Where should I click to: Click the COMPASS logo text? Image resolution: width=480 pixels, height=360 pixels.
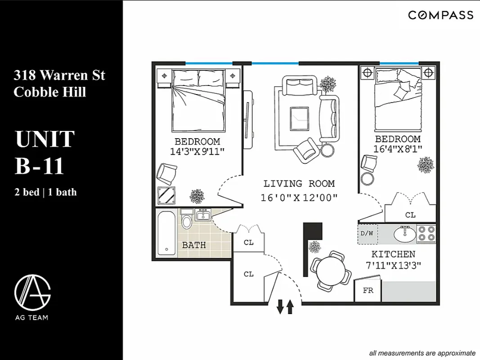(440, 15)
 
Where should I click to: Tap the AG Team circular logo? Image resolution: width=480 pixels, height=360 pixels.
(32, 291)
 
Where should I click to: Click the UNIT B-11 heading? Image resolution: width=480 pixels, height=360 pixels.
(45, 152)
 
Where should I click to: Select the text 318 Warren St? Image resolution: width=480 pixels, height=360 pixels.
(59, 75)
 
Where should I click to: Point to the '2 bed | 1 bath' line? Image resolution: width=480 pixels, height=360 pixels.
(45, 193)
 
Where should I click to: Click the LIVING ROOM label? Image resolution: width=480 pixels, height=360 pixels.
(299, 184)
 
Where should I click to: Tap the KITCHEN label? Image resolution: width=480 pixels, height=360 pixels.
(393, 254)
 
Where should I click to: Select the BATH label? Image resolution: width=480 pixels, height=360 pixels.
(194, 245)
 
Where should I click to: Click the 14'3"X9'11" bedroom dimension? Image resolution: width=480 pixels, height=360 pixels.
(197, 152)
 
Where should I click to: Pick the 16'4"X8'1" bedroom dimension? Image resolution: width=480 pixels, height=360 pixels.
(398, 149)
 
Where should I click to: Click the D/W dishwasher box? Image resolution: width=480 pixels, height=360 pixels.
(367, 234)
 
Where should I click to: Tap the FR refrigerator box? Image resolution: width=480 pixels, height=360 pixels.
(368, 290)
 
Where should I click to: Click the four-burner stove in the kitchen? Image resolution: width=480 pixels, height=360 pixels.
(426, 234)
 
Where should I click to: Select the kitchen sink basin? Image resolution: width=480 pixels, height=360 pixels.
(404, 234)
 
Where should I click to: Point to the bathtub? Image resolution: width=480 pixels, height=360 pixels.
(167, 234)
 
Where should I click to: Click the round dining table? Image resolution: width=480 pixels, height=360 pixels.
(331, 271)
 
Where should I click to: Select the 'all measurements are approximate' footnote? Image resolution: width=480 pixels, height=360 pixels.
(422, 353)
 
